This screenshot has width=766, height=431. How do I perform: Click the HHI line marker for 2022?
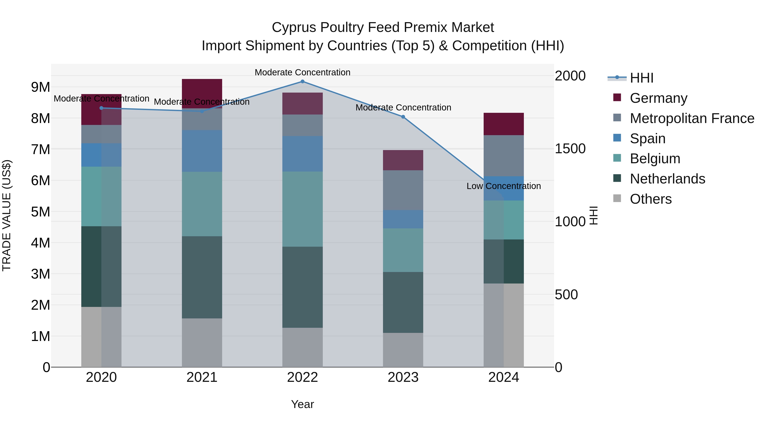coord(302,82)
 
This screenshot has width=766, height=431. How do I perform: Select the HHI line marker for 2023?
coord(403,117)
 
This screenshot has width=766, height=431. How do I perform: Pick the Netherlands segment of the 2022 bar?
coord(302,287)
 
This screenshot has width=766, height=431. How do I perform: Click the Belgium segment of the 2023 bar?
coord(403,250)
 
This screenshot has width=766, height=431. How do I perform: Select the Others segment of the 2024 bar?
coord(503,325)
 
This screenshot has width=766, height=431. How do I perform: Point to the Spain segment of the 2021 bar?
coord(202,151)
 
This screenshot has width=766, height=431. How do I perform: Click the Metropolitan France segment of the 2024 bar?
coord(503,156)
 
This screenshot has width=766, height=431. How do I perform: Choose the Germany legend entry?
coord(658,98)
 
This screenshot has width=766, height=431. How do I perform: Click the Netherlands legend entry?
coord(667,179)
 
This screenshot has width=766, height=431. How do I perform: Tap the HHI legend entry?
coord(641,78)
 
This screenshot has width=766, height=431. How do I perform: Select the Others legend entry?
coord(650,199)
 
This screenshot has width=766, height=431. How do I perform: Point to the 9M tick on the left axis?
coord(40,87)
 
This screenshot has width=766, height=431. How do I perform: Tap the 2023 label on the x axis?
coord(403,377)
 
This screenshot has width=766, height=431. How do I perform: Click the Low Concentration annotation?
coord(503,186)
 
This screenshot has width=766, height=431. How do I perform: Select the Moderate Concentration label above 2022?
coord(302,72)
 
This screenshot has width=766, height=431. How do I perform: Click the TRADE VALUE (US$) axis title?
coord(7,215)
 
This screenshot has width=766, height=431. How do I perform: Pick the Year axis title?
coord(302,404)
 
